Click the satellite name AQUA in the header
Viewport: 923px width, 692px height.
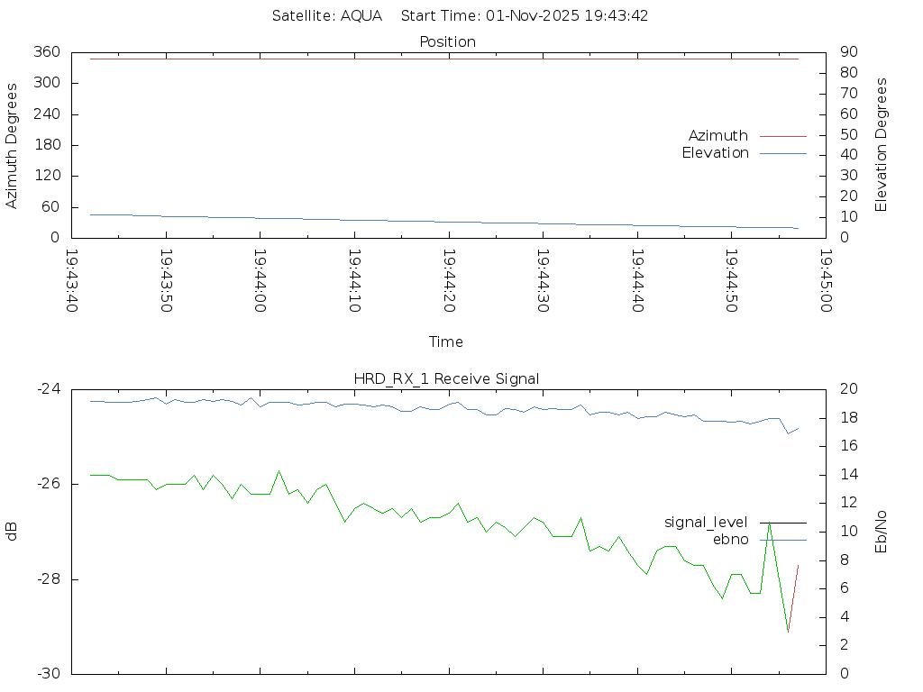point(361,16)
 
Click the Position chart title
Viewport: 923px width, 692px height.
point(447,41)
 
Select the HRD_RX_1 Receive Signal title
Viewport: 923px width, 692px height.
point(446,378)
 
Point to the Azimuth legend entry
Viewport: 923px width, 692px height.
point(718,135)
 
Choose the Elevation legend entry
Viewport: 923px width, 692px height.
point(715,153)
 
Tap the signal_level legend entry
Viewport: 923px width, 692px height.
point(706,522)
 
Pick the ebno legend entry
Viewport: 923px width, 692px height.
point(730,539)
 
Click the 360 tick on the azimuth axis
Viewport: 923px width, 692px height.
point(47,52)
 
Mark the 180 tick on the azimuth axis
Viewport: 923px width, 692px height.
point(47,145)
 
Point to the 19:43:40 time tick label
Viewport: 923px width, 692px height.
point(72,281)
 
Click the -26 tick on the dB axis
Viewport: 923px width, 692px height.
point(49,484)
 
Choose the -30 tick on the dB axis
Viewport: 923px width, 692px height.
point(49,674)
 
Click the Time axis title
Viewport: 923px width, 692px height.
point(446,342)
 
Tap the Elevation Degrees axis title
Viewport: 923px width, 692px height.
point(882,144)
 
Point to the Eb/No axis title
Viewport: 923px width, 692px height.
point(882,532)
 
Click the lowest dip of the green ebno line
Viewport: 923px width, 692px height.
point(788,632)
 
